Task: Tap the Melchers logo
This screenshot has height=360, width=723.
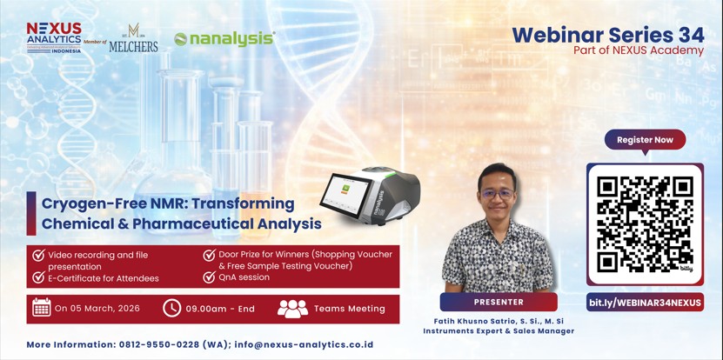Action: point(133,39)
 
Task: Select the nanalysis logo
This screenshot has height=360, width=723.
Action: point(224,38)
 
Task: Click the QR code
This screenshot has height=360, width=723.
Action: point(645,223)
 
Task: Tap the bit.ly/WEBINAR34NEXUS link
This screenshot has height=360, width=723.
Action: point(645,303)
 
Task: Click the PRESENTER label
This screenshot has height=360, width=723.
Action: point(499,302)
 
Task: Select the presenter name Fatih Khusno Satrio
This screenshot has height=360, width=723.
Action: point(479,320)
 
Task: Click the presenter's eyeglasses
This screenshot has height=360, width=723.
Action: point(497,193)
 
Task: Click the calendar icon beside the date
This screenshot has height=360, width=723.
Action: point(41,308)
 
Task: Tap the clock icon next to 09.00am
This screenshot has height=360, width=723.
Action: point(172,308)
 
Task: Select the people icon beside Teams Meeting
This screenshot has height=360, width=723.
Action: point(292,308)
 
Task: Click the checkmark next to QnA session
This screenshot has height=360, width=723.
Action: point(210,277)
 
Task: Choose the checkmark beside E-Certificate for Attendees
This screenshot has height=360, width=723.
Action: point(38,277)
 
